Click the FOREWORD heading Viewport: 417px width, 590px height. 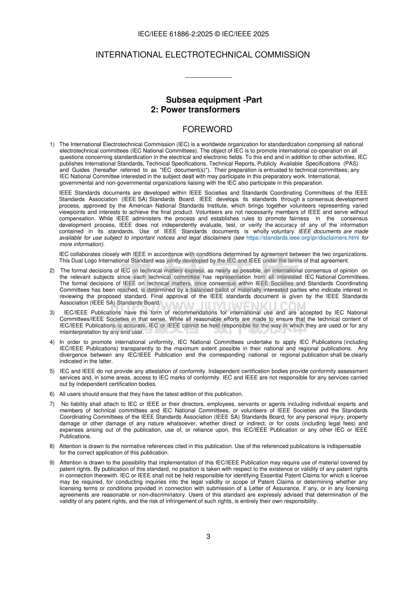point(207,129)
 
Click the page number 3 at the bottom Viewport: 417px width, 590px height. point(208,536)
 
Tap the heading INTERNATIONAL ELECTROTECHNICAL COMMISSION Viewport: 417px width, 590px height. point(202,55)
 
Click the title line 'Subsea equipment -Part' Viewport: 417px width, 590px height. point(214,100)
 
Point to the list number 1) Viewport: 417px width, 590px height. point(52,144)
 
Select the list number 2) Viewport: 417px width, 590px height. point(52,270)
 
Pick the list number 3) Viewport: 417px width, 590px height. point(52,312)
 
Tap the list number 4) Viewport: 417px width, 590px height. point(52,342)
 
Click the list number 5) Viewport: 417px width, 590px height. point(52,371)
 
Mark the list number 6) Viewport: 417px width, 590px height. point(52,394)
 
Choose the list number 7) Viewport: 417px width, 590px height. point(52,404)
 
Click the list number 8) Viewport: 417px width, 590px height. point(52,446)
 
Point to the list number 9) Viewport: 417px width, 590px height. point(52,462)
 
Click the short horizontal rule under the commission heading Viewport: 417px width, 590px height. point(208,78)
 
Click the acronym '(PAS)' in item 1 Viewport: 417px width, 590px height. point(350,164)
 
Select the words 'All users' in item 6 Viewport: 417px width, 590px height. point(70,394)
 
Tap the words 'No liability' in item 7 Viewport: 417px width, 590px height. point(77,404)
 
